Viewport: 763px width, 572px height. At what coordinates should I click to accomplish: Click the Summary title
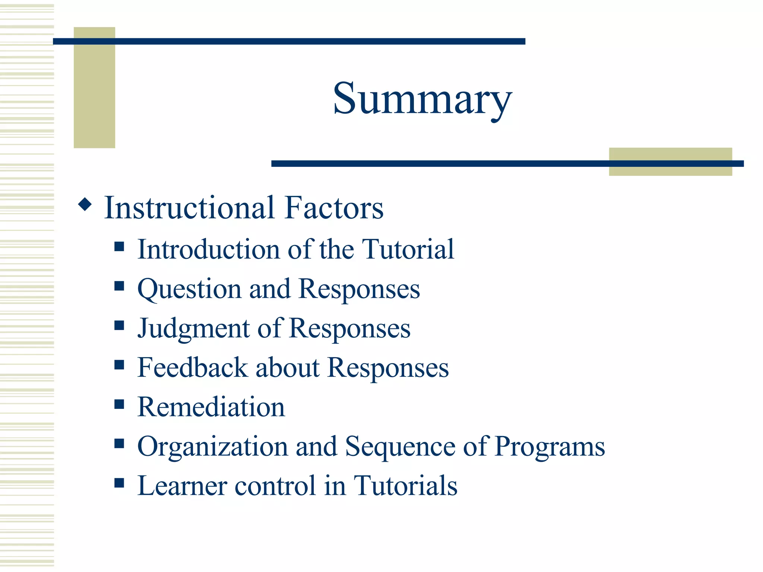(422, 99)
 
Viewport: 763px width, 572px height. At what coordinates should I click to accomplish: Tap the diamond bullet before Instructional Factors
(85, 204)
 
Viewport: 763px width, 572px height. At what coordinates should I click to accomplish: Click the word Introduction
(209, 249)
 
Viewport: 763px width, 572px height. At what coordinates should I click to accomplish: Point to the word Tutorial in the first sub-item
(408, 249)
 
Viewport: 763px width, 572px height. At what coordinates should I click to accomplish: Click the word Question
(189, 289)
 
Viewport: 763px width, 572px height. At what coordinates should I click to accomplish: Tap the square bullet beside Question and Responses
(119, 286)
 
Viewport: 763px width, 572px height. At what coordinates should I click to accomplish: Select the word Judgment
(194, 329)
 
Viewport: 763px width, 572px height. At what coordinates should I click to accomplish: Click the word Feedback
(193, 368)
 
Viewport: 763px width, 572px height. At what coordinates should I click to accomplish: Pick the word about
(288, 368)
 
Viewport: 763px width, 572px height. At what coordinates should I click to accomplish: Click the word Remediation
(211, 407)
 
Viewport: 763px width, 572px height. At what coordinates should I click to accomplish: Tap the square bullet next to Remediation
(119, 404)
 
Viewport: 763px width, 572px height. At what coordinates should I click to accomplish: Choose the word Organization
(213, 447)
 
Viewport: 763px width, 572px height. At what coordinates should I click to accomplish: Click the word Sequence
(400, 447)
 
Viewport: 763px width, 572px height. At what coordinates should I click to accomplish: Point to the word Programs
(550, 447)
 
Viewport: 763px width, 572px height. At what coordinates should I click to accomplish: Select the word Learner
(182, 486)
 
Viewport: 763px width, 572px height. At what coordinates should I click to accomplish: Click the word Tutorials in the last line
(405, 486)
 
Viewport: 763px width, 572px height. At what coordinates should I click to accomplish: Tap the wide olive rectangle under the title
(670, 170)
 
